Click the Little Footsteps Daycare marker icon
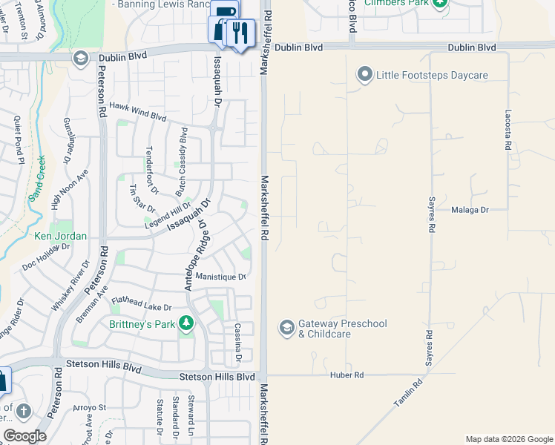tap(364, 74)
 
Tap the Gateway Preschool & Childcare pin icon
tap(286, 328)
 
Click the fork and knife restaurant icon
tap(240, 33)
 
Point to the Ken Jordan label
tap(61, 237)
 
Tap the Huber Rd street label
tap(348, 376)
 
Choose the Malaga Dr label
tap(470, 210)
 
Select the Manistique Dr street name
tap(220, 277)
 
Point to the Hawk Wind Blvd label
tap(138, 111)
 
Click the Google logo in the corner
tap(24, 435)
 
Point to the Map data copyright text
tap(509, 439)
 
